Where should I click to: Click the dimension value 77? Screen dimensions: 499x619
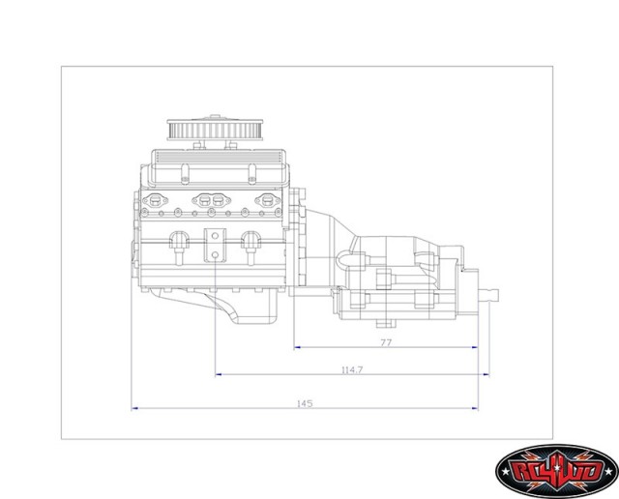385,342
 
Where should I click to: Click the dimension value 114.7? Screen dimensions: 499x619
352,369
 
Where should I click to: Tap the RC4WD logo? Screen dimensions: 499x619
556,471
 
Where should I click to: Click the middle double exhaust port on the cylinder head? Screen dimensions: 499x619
212,202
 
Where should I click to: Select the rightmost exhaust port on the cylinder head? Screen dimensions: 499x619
268,202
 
